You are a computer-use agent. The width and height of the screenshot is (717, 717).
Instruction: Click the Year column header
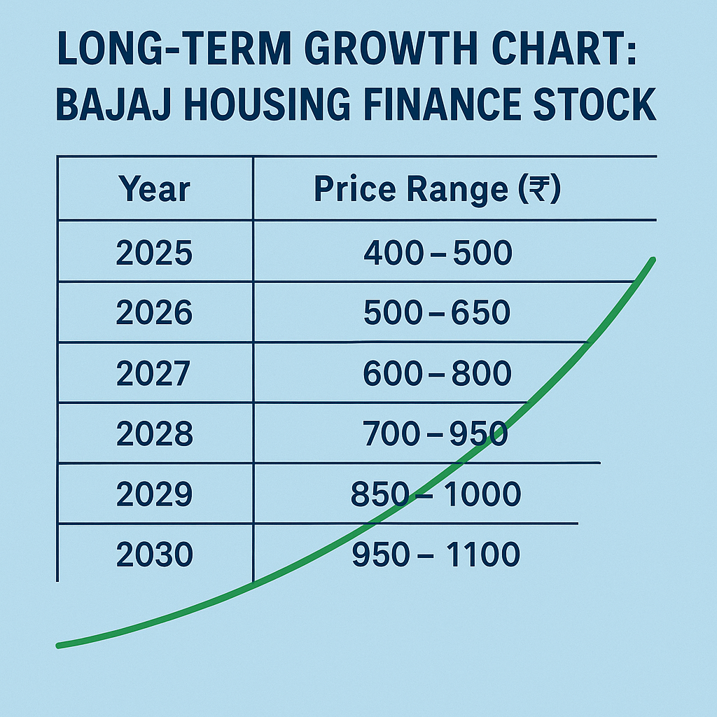154,190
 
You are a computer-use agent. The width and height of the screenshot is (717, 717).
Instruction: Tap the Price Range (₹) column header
438,190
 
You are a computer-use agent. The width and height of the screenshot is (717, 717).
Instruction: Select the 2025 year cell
154,253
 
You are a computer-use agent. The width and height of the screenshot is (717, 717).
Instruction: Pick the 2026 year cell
154,313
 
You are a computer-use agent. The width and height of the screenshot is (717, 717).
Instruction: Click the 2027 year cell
153,374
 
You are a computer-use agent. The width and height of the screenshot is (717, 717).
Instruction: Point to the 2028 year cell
154,434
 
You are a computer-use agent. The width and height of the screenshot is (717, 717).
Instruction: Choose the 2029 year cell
154,495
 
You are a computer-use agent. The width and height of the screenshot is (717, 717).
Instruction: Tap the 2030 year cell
154,555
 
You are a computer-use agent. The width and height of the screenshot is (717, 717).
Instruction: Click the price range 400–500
438,253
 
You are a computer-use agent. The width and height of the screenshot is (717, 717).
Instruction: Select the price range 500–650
437,313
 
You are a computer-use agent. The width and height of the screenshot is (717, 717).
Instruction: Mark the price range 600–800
438,374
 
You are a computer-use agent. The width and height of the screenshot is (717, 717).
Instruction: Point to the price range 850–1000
436,495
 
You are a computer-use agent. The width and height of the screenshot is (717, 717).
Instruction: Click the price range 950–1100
436,555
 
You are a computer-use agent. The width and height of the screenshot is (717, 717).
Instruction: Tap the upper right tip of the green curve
653,260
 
